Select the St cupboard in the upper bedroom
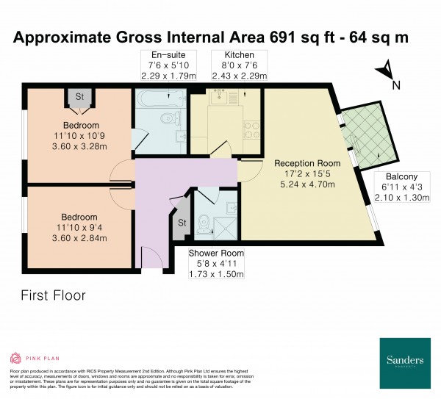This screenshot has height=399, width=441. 77,97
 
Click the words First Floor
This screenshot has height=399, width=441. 54,296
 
